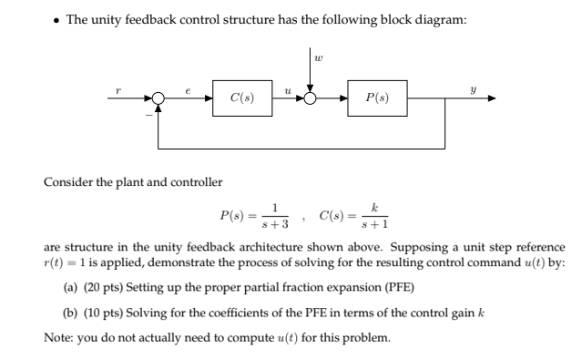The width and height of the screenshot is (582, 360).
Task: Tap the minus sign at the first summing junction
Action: tap(150, 114)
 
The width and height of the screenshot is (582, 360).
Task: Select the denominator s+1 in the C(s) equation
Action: tap(375, 225)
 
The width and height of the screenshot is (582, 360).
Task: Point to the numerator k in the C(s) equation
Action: tap(375, 209)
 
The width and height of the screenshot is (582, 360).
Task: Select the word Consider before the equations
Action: tap(67, 182)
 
